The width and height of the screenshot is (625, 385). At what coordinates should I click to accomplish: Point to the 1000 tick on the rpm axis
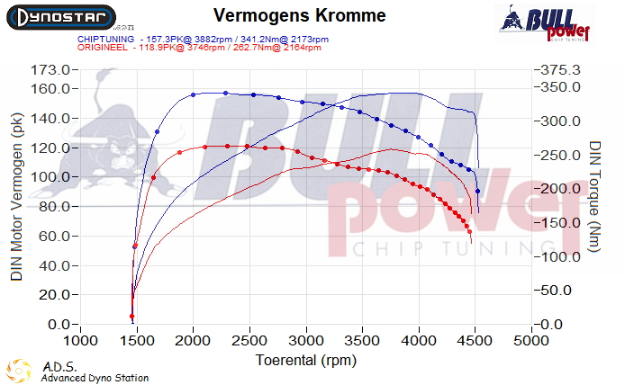pyautogui.click(x=81, y=342)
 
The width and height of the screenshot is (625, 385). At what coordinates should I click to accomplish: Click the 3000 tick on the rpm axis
pyautogui.click(x=306, y=342)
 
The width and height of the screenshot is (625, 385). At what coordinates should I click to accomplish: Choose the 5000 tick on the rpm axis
pyautogui.click(x=531, y=342)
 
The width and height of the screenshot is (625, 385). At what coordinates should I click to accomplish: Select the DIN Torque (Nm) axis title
pyautogui.click(x=595, y=196)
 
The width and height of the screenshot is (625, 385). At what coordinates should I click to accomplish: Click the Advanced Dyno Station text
pyautogui.click(x=95, y=378)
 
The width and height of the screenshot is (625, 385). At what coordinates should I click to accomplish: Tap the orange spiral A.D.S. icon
pyautogui.click(x=19, y=371)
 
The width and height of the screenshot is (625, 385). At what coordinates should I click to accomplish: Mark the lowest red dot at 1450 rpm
pyautogui.click(x=132, y=317)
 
